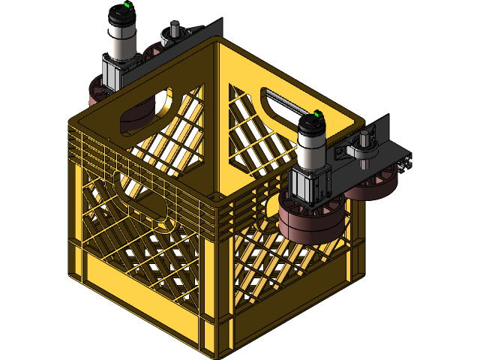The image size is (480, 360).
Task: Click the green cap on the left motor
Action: tap(127, 5)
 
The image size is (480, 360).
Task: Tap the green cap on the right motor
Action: tap(317, 115)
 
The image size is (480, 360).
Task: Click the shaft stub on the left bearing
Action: tap(174, 31)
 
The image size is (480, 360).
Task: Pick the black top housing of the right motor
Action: tap(312, 124)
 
